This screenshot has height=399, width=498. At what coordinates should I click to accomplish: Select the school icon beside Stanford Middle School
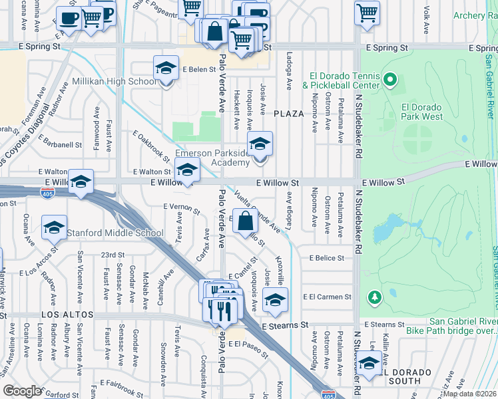pos(54,228)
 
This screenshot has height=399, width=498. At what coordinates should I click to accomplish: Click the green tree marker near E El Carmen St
pos(375,297)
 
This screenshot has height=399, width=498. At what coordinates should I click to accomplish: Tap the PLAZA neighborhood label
pos(288,114)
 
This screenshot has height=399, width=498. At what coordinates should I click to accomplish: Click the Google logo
pos(22,390)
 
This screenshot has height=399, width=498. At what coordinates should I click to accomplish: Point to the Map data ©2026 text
pos(469,394)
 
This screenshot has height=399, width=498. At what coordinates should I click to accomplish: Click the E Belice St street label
pos(322,258)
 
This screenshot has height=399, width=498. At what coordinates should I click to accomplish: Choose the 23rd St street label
pos(113,255)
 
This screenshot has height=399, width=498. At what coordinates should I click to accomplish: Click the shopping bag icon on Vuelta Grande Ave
pos(245,221)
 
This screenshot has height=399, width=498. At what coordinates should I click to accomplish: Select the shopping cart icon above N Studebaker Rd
pos(367,13)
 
